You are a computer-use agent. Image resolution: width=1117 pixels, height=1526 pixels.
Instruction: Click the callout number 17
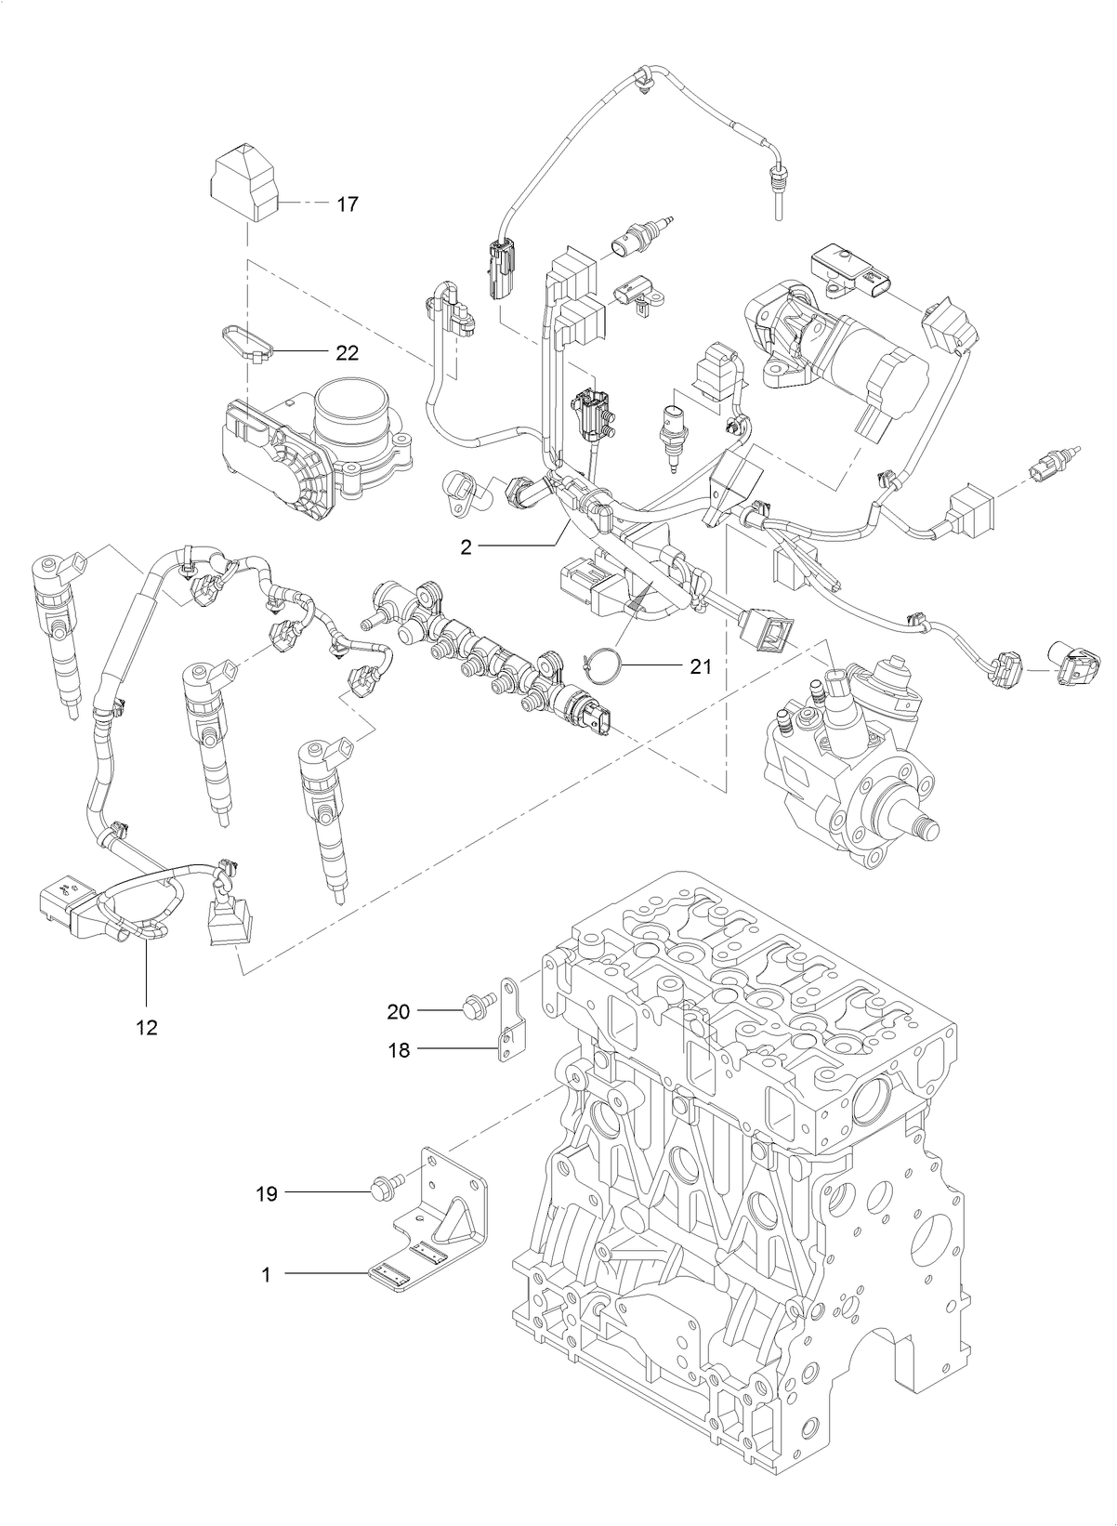tap(347, 204)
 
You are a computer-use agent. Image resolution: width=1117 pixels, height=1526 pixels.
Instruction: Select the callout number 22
tap(347, 353)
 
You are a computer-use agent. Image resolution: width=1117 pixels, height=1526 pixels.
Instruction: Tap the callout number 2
tap(466, 547)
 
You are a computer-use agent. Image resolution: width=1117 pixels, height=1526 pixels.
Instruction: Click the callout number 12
tap(147, 1027)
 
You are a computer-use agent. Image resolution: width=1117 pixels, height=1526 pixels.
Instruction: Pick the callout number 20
tap(399, 1009)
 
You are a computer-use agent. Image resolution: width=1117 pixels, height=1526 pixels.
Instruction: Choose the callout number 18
tap(399, 1050)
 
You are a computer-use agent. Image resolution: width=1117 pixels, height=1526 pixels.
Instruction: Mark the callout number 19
tap(267, 1194)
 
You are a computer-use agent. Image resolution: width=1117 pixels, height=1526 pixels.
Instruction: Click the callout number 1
tap(266, 1276)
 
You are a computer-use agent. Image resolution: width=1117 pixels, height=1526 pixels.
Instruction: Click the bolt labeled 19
tap(384, 1189)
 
